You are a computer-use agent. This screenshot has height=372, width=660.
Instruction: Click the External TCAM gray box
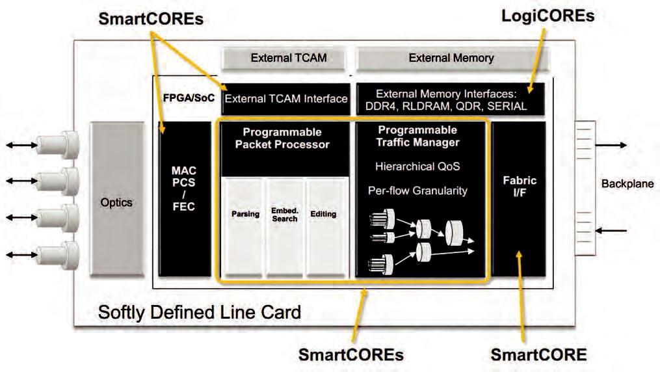point(288,59)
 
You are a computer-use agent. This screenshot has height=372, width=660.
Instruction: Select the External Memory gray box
point(451,59)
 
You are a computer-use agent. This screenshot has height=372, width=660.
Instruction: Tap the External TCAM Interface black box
point(285,100)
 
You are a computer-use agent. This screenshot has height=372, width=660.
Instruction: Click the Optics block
point(116,202)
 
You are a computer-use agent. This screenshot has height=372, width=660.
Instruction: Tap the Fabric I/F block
point(519,189)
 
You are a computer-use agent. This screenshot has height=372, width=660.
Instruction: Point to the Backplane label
point(627,184)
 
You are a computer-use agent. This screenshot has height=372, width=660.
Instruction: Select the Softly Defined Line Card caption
point(199,313)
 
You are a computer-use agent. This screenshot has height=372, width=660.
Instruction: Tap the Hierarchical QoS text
point(417,166)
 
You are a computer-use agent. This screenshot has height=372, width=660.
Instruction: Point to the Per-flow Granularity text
point(417,191)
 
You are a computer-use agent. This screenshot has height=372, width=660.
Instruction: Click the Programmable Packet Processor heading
point(282,138)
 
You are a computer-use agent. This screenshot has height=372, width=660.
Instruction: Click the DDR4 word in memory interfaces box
point(391,106)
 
